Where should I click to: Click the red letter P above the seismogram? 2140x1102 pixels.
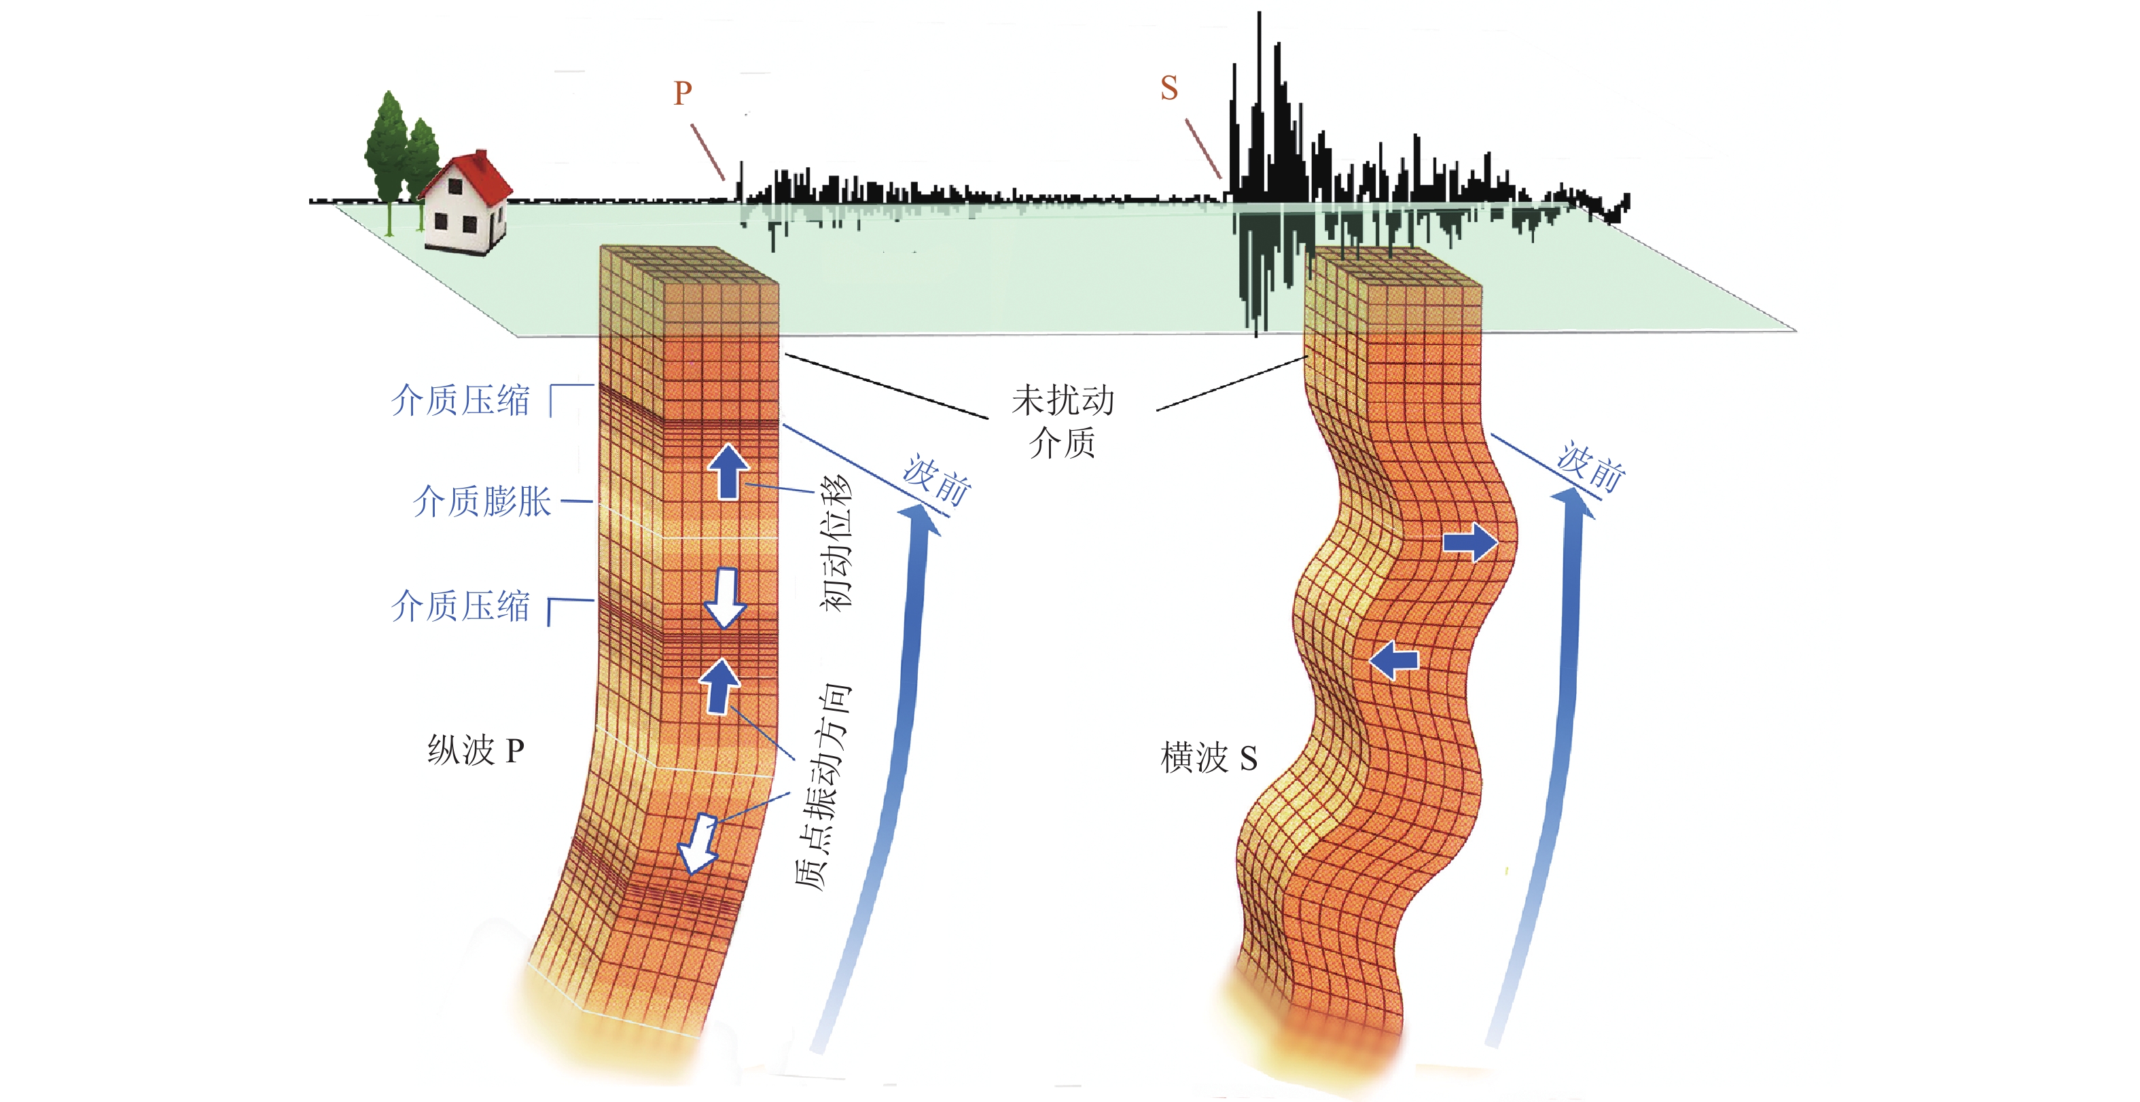point(683,93)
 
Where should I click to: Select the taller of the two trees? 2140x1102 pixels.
point(387,149)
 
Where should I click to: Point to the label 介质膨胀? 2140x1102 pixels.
point(482,502)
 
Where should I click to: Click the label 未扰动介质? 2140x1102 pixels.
point(1063,421)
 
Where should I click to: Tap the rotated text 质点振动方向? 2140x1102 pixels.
point(823,786)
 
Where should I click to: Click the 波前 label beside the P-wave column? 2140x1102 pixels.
point(937,480)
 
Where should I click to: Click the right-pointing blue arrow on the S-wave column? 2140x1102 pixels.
point(1470,543)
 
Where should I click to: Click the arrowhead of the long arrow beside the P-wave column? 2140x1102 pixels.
point(920,520)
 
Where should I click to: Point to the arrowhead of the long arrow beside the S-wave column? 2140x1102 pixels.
point(1573,503)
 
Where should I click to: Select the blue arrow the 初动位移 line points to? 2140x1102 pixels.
point(728,472)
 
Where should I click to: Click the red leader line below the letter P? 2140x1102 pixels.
point(708,152)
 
